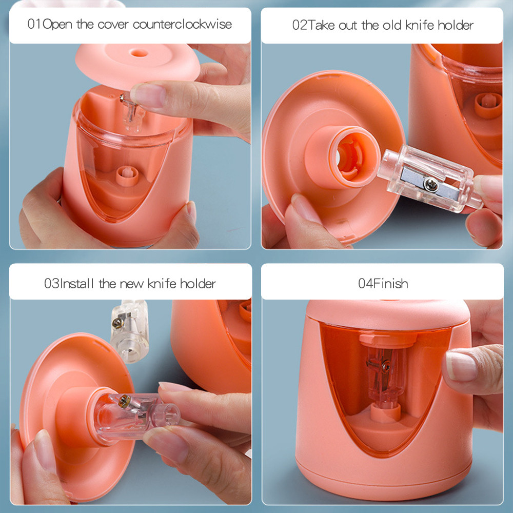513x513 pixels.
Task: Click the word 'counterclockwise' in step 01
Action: pyautogui.click(x=182, y=24)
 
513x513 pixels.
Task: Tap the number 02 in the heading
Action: pyautogui.click(x=300, y=25)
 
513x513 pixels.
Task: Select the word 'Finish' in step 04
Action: pyautogui.click(x=390, y=283)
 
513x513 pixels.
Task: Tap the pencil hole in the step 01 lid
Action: pyautogui.click(x=139, y=53)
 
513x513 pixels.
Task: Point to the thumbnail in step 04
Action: pyautogui.click(x=461, y=366)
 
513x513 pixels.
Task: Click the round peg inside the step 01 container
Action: pyautogui.click(x=127, y=176)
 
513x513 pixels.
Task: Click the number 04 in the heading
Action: pyautogui.click(x=365, y=283)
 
